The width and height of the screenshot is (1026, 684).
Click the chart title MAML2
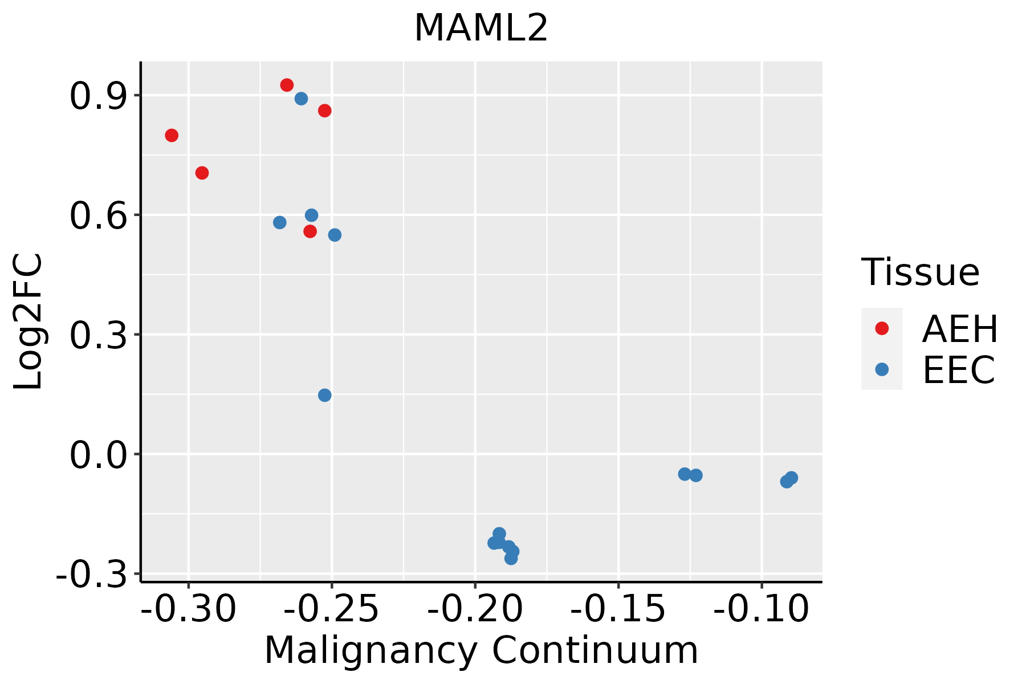pyautogui.click(x=481, y=28)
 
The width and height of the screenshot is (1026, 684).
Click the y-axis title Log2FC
pyautogui.click(x=28, y=322)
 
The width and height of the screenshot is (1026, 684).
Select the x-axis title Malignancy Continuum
pyautogui.click(x=481, y=650)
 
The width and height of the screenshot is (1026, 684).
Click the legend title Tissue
pyautogui.click(x=920, y=272)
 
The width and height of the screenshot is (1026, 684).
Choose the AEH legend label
pyautogui.click(x=960, y=329)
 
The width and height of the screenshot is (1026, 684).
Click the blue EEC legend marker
pyautogui.click(x=882, y=369)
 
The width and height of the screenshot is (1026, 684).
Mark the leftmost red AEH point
pyautogui.click(x=172, y=135)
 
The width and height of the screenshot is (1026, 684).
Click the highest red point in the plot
pyautogui.click(x=287, y=85)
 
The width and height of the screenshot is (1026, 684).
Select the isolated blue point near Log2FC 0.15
pyautogui.click(x=325, y=395)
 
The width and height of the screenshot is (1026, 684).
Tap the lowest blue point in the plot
pyautogui.click(x=511, y=559)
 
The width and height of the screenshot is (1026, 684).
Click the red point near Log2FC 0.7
pyautogui.click(x=202, y=173)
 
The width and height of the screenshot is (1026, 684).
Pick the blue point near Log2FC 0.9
pyautogui.click(x=301, y=99)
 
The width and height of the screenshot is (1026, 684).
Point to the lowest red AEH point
pyautogui.click(x=310, y=231)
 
